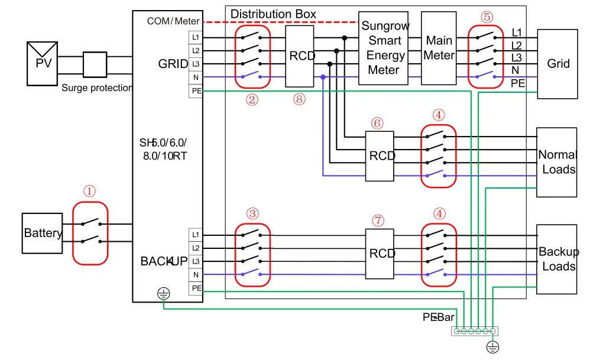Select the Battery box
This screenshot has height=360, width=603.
coord(42,233)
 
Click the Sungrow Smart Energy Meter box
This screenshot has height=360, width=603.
coord(382,48)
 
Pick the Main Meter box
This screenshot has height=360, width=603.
coord(439,48)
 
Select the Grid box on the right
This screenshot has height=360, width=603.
coord(557,63)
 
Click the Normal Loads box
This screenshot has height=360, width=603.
coord(556,162)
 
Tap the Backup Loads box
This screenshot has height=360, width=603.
coord(556,259)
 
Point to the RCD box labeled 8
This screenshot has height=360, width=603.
coord(300,56)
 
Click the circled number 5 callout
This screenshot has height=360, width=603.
coord(487,17)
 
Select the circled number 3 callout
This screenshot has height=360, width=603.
coord(252,213)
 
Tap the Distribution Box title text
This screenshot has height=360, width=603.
coord(273,14)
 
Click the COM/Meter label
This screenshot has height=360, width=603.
coord(173,21)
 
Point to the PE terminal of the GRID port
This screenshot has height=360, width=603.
coord(196,90)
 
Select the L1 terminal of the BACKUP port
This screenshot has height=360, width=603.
coord(196,235)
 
